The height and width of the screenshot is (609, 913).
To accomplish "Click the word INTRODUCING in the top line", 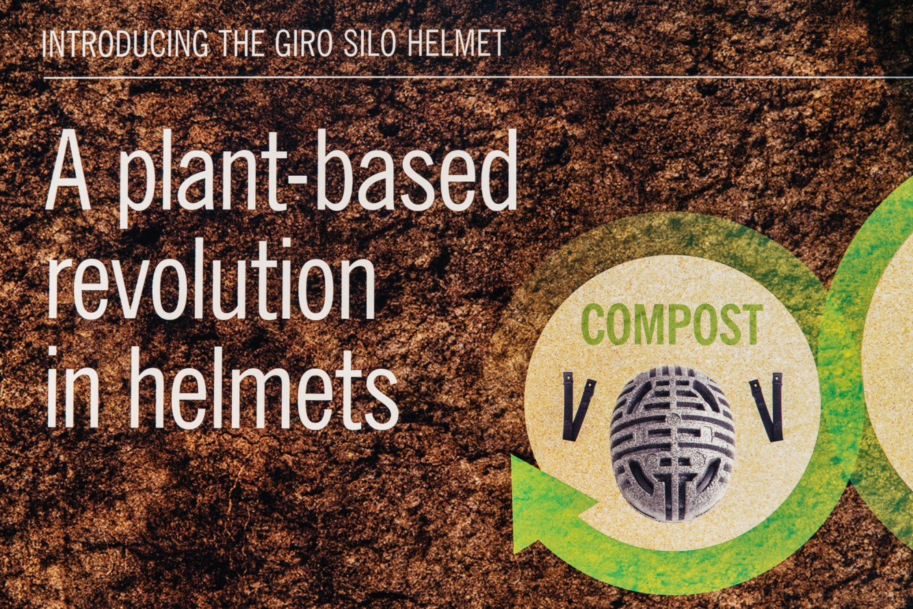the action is [x=124, y=44].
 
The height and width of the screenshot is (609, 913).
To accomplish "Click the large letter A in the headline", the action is [x=68, y=174].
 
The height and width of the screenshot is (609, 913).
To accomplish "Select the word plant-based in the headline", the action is [x=318, y=179].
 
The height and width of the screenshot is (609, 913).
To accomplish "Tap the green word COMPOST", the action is [x=672, y=325].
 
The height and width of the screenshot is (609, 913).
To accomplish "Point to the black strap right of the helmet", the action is [x=767, y=406].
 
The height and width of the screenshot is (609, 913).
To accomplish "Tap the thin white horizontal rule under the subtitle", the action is [x=477, y=76].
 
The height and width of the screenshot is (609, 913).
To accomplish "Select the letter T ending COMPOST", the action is [x=750, y=325].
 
